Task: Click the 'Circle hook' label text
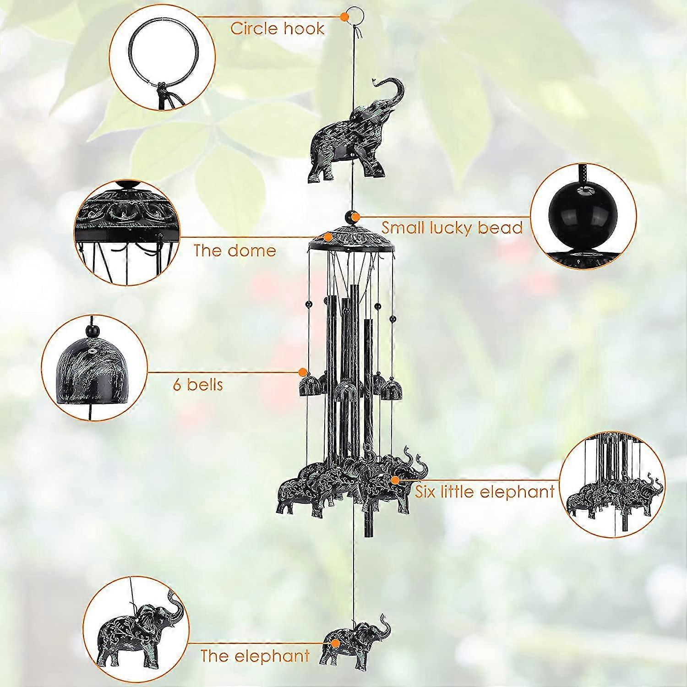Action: [x=277, y=28]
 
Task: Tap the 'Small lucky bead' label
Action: [x=452, y=227]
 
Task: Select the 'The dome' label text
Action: [x=234, y=251]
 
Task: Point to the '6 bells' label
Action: [x=198, y=384]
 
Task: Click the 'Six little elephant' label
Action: [x=485, y=491]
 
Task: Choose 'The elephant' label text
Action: [x=255, y=656]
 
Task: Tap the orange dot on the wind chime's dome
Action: [x=328, y=237]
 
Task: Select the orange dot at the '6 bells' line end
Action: [x=303, y=371]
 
